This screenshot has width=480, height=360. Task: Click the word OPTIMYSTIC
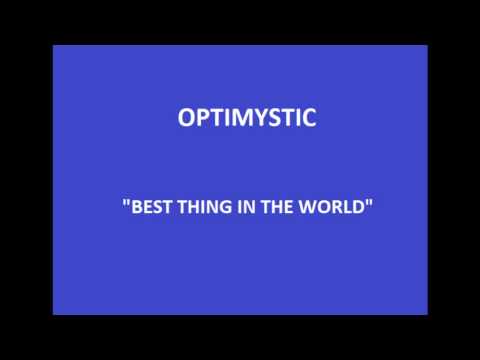(x=247, y=117)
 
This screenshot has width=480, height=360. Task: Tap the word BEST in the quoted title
(x=151, y=207)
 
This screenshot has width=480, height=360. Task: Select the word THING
(x=204, y=207)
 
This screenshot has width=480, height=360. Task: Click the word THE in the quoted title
(x=277, y=207)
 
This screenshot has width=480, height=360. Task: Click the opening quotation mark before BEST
(x=126, y=202)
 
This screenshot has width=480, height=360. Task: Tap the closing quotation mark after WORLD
(x=369, y=202)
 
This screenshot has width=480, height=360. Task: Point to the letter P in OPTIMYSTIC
(x=204, y=117)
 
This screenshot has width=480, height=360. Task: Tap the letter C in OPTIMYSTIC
(x=309, y=117)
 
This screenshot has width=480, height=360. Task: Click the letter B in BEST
(x=137, y=207)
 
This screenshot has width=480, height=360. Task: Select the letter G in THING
(x=225, y=207)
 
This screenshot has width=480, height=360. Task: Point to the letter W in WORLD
(x=308, y=207)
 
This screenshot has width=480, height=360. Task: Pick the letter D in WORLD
(x=360, y=207)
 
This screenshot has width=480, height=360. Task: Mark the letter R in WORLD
(x=339, y=207)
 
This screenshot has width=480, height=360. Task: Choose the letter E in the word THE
(x=289, y=207)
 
